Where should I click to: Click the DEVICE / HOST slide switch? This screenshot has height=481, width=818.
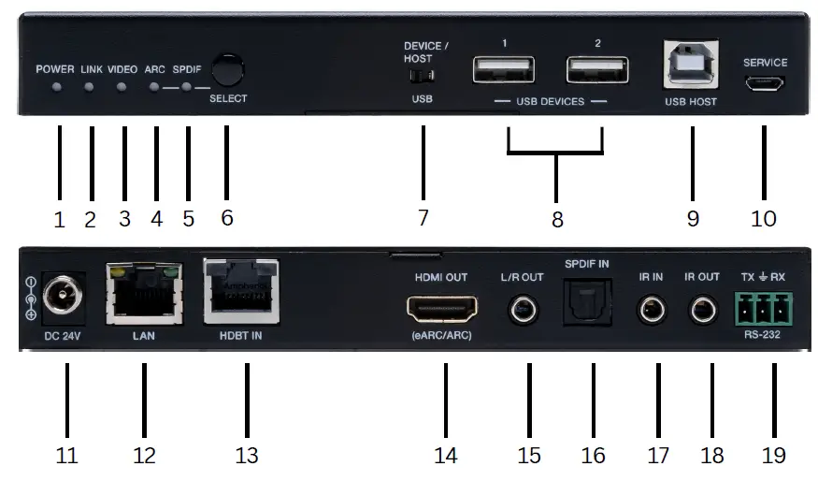425,75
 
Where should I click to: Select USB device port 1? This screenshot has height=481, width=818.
504,70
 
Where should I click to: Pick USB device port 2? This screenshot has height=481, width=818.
596,70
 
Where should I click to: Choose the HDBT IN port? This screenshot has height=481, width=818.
241,293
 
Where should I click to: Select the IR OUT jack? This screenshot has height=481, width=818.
702,308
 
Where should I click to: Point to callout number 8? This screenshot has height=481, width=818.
557,220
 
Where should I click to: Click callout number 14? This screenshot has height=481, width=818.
446,455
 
